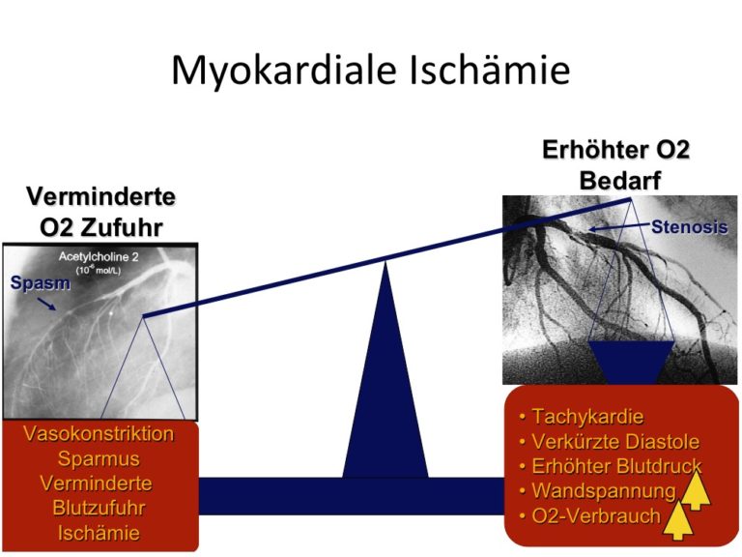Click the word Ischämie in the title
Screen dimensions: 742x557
[x=489, y=69]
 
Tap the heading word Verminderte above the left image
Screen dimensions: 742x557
[x=100, y=196]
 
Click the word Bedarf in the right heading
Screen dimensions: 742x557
[x=620, y=181]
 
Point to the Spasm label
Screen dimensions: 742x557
[x=41, y=282]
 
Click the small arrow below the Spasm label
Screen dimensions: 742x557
[x=46, y=304]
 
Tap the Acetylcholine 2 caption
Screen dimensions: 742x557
[x=99, y=256]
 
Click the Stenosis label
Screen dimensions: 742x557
[x=690, y=227]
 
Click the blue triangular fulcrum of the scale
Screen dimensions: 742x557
[x=385, y=369]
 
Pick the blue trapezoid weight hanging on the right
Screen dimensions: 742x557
[x=631, y=362]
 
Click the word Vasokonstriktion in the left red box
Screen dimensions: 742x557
[x=99, y=434]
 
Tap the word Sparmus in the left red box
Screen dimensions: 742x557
[x=99, y=459]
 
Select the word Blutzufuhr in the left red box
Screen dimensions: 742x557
[x=99, y=508]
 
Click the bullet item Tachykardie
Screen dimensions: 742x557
[x=581, y=417]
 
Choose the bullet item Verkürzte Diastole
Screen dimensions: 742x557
[x=609, y=441]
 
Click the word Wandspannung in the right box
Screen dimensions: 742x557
[x=604, y=491]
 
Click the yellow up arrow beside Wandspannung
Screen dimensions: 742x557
[x=695, y=489]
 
